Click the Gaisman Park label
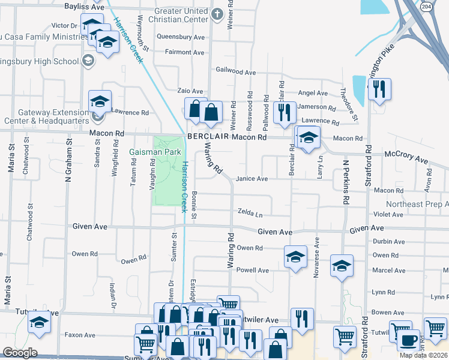155,152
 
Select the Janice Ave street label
252,179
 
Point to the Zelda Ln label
250,214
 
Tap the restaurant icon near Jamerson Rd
284,112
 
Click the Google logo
20,353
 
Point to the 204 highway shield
426,6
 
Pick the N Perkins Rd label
346,182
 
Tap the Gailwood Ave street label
236,71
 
